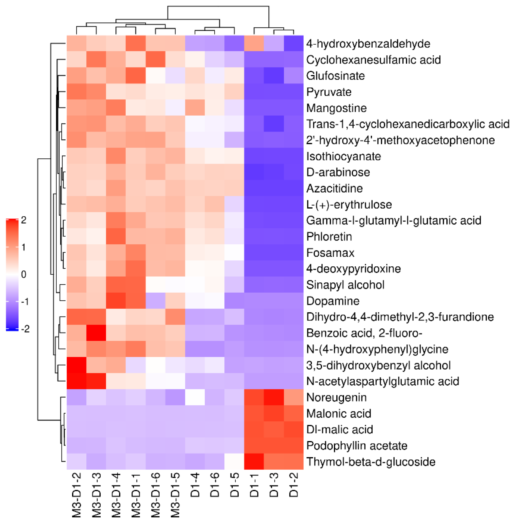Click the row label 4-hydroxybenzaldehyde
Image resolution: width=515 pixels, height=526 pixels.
pos(368,44)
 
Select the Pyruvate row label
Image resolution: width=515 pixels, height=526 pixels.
pos(329,92)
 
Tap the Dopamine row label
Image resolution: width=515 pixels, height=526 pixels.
pos(333,301)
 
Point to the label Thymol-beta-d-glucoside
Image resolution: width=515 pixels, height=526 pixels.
pos(371,462)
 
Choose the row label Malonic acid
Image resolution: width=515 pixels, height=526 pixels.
pos(339,414)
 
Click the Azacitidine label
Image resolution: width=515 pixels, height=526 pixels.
pos(334,188)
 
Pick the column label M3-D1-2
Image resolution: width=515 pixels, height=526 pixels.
pos(77,495)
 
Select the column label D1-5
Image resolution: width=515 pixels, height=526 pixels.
pos(234,485)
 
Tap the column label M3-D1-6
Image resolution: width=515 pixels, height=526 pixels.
pos(156,495)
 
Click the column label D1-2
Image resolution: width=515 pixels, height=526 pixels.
pos(294,485)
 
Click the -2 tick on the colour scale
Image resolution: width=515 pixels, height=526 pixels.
pos(25,329)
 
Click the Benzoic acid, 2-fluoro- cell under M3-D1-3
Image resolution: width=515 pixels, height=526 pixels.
pos(96,333)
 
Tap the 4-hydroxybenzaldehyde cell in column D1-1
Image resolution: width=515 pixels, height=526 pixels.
pos(254,43)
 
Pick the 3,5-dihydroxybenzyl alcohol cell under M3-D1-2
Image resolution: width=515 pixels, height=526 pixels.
pos(77,365)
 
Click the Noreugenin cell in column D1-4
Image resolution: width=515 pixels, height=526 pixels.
pos(195,397)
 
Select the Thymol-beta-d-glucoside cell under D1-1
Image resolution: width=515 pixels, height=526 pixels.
pos(254,461)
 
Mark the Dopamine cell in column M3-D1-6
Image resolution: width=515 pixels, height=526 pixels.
pos(156,301)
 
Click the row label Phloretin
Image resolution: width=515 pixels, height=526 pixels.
pos(329,237)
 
